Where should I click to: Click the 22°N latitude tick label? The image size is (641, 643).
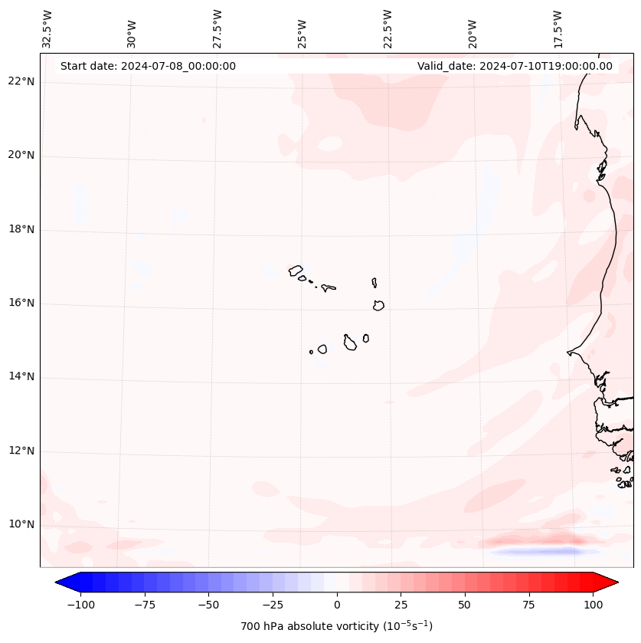21,81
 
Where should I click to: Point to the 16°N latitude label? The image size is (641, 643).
21,303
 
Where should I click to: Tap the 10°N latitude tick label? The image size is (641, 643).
21,524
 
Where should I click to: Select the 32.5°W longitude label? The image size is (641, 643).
47,28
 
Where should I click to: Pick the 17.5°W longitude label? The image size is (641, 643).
558,28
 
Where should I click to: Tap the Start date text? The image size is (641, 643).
148,66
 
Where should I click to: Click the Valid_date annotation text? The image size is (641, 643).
515,66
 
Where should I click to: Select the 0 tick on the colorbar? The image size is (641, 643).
337,605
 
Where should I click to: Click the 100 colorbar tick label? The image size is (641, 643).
593,605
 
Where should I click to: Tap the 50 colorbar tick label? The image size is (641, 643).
465,605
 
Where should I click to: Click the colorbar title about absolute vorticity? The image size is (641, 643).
337,626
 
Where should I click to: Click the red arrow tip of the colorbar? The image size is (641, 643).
610,582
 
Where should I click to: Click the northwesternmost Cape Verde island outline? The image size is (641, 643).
296,270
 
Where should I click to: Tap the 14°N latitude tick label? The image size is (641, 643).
21,376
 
